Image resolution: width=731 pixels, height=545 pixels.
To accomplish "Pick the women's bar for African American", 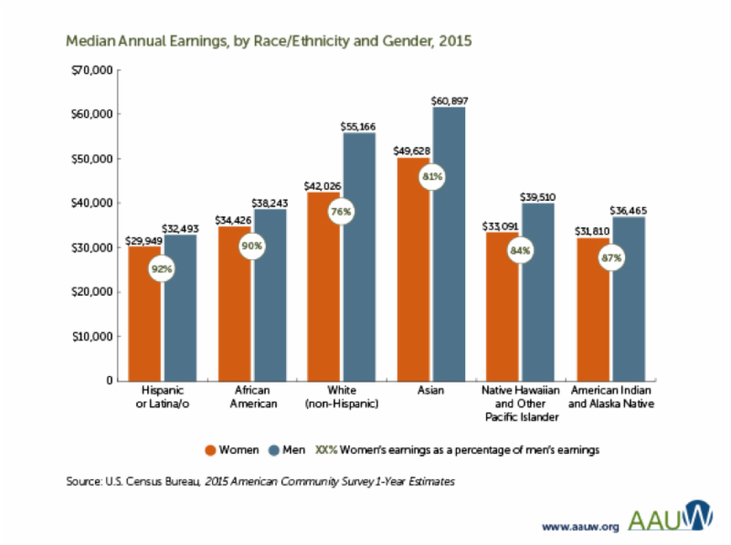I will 235,310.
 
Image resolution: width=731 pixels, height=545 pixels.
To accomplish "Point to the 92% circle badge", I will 163,268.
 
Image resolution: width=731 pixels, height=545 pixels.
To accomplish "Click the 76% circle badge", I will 342,211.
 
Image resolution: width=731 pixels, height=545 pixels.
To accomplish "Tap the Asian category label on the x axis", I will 430,392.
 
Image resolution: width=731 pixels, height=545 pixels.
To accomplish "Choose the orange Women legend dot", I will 209,449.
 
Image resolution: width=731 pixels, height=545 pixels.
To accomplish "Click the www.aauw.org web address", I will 579,526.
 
